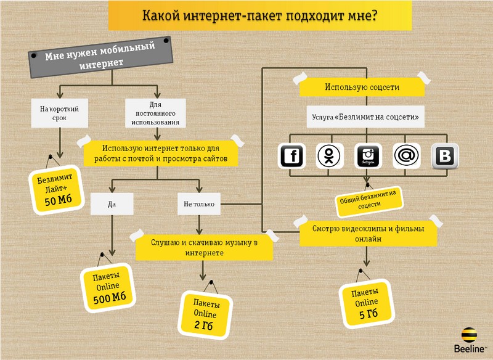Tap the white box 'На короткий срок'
59,114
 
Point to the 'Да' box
112,203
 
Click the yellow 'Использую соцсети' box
362,88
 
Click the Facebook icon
293,156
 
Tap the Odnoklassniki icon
330,156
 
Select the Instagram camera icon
368,156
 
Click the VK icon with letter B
444,156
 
